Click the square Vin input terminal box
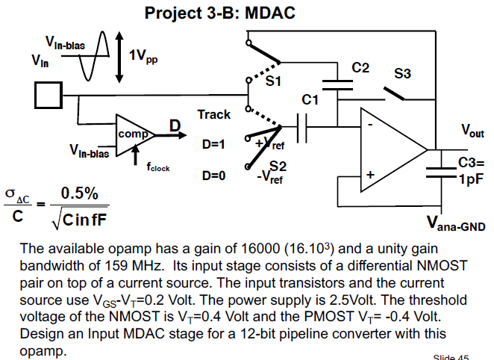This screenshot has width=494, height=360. click(x=46, y=96)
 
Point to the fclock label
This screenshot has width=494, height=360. click(x=157, y=168)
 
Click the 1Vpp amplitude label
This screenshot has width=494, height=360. click(x=143, y=57)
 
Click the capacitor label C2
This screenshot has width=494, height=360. click(x=360, y=68)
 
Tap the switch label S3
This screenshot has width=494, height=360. click(x=403, y=73)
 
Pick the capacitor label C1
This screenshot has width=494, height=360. click(x=310, y=99)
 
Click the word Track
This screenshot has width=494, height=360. click(x=213, y=115)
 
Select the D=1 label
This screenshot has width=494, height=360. click(x=213, y=144)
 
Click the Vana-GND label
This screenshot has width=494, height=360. click(x=455, y=223)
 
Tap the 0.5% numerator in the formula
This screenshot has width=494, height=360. click(x=80, y=193)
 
